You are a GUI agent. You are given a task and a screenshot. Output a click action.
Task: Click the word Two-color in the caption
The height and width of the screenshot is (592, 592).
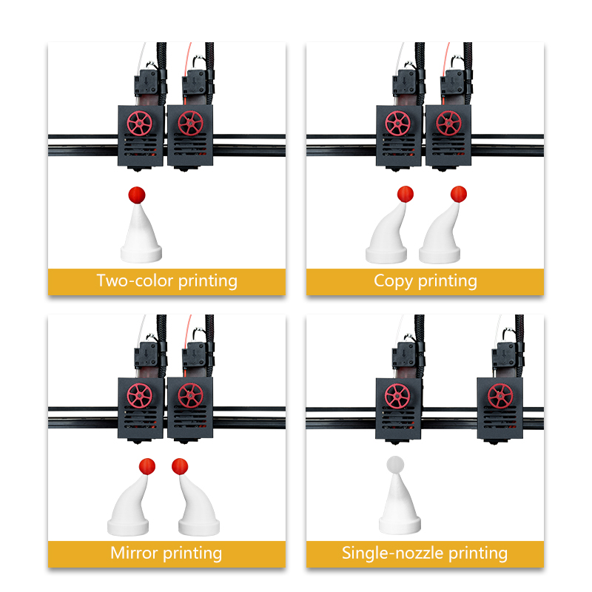(x=135, y=280)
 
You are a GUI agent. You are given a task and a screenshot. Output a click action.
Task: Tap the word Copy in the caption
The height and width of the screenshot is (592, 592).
(x=393, y=282)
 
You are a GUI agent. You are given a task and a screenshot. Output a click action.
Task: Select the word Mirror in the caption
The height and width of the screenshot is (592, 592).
(x=134, y=553)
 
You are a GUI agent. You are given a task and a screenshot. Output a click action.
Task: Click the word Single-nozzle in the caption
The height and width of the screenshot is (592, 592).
(x=393, y=553)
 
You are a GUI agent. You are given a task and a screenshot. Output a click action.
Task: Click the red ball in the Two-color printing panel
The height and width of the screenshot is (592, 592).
(x=137, y=195)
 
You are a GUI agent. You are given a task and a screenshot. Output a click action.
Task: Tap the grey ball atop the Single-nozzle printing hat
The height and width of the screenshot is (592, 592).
(x=395, y=465)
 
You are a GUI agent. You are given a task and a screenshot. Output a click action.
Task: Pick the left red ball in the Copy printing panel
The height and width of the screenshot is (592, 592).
(x=406, y=194)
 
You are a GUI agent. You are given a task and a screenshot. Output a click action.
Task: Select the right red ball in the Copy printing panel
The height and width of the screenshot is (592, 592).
(x=459, y=194)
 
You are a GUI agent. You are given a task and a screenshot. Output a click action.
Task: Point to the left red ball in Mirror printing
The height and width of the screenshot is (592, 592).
(x=147, y=467)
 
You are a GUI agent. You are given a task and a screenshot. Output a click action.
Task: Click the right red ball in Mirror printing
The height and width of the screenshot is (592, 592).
(x=180, y=467)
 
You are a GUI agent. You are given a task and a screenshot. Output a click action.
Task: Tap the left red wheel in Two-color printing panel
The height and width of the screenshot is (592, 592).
(x=140, y=124)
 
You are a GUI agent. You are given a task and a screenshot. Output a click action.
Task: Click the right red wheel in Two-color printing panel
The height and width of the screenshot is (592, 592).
(x=190, y=123)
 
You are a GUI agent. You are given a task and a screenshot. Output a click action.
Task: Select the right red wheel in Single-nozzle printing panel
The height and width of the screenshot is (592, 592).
(x=500, y=396)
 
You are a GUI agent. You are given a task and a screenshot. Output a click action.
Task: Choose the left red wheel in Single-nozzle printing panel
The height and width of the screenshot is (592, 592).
(x=397, y=396)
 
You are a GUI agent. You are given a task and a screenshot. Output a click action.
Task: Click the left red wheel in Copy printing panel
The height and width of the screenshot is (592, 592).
(x=398, y=124)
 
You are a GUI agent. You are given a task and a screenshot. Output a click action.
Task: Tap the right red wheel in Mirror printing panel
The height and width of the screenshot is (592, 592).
(x=190, y=395)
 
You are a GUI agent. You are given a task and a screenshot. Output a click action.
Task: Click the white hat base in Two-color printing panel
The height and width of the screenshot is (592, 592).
(x=141, y=254)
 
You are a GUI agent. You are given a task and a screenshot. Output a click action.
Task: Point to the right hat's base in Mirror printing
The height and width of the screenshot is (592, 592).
(x=199, y=527)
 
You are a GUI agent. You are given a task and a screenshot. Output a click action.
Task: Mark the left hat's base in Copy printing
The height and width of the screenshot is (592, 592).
(x=386, y=255)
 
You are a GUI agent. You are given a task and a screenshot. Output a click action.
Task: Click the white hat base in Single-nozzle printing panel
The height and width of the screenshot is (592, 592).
(x=400, y=525)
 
